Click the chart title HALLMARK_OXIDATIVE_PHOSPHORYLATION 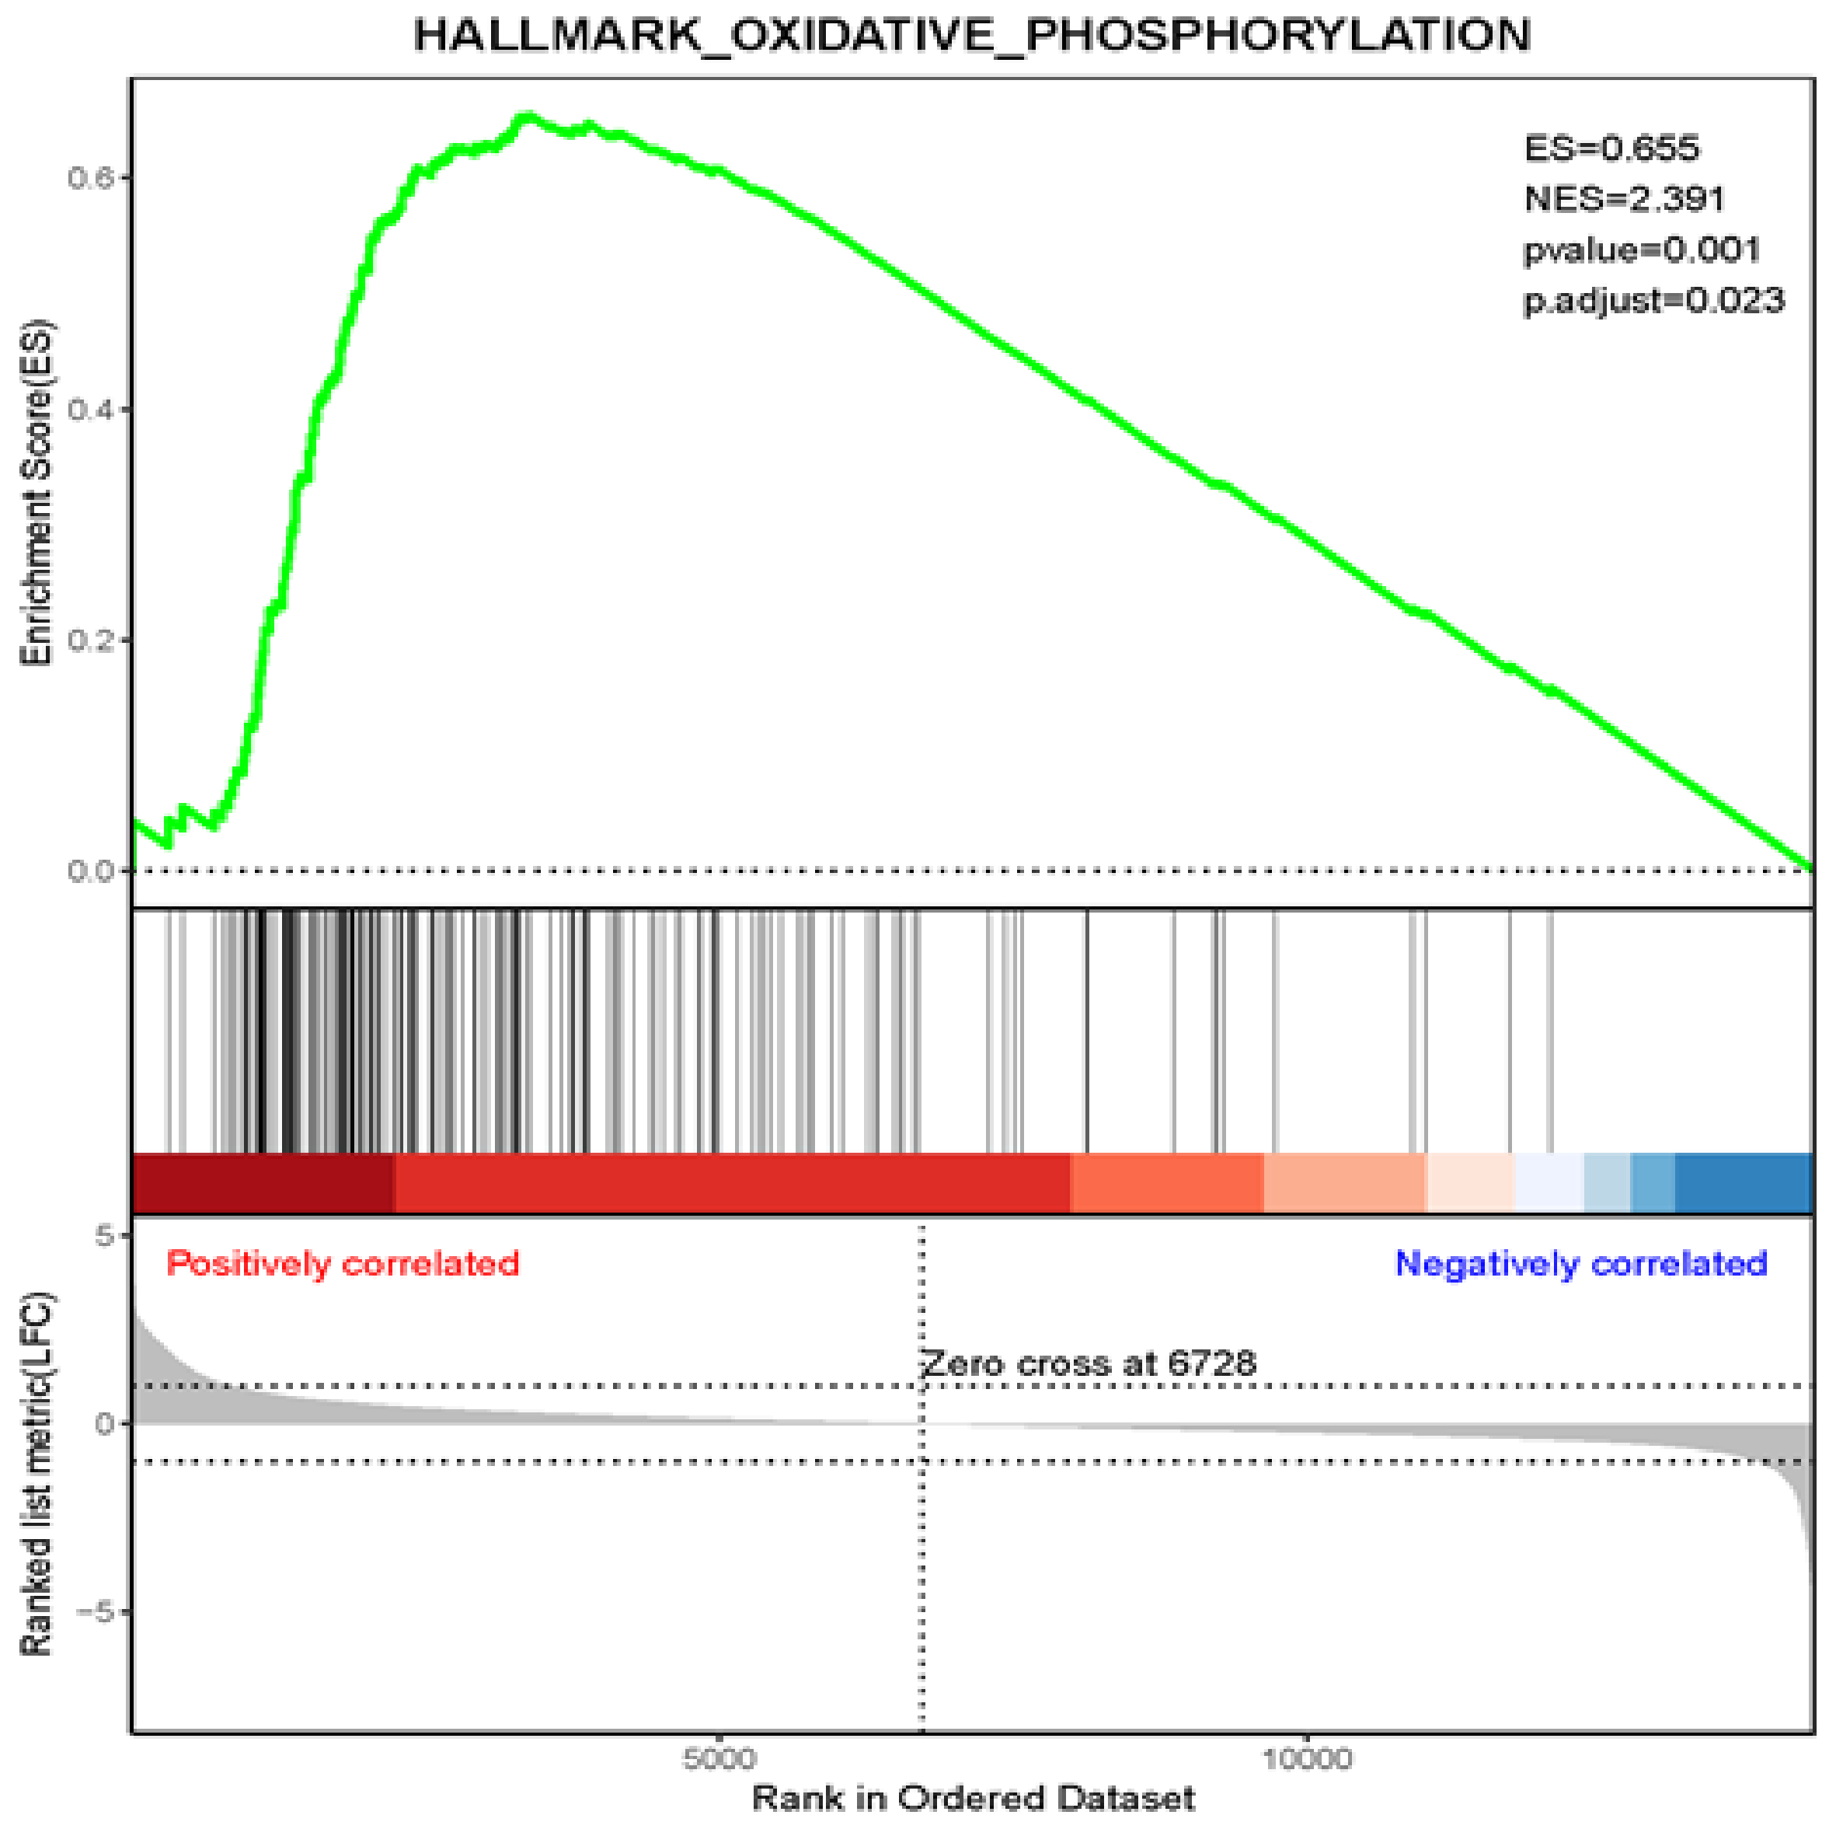(971, 35)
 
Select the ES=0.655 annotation (1611, 148)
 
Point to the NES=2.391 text (1624, 199)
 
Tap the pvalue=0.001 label (1642, 250)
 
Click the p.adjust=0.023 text (1653, 302)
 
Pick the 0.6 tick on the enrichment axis (89, 178)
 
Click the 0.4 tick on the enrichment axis (89, 410)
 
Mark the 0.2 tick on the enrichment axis (89, 640)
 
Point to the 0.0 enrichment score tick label (89, 871)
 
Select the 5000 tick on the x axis (719, 1758)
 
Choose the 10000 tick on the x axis (1307, 1758)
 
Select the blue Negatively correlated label (1580, 1264)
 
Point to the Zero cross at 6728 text (1089, 1364)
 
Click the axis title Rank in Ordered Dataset (973, 1798)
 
